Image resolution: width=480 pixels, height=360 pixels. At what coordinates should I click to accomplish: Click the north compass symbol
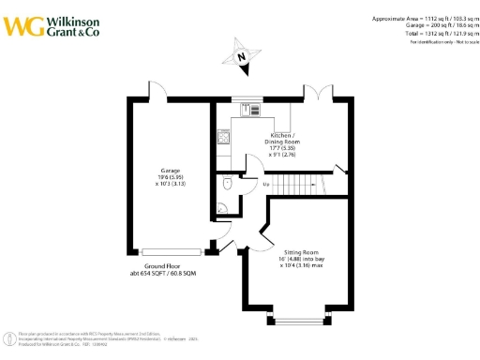pos(242,56)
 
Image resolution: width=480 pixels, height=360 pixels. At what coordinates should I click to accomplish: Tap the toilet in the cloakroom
pos(229,184)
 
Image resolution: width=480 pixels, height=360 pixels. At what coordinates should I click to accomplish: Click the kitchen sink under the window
pos(252,110)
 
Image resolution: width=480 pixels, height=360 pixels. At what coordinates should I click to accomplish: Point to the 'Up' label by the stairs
pos(268,186)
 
